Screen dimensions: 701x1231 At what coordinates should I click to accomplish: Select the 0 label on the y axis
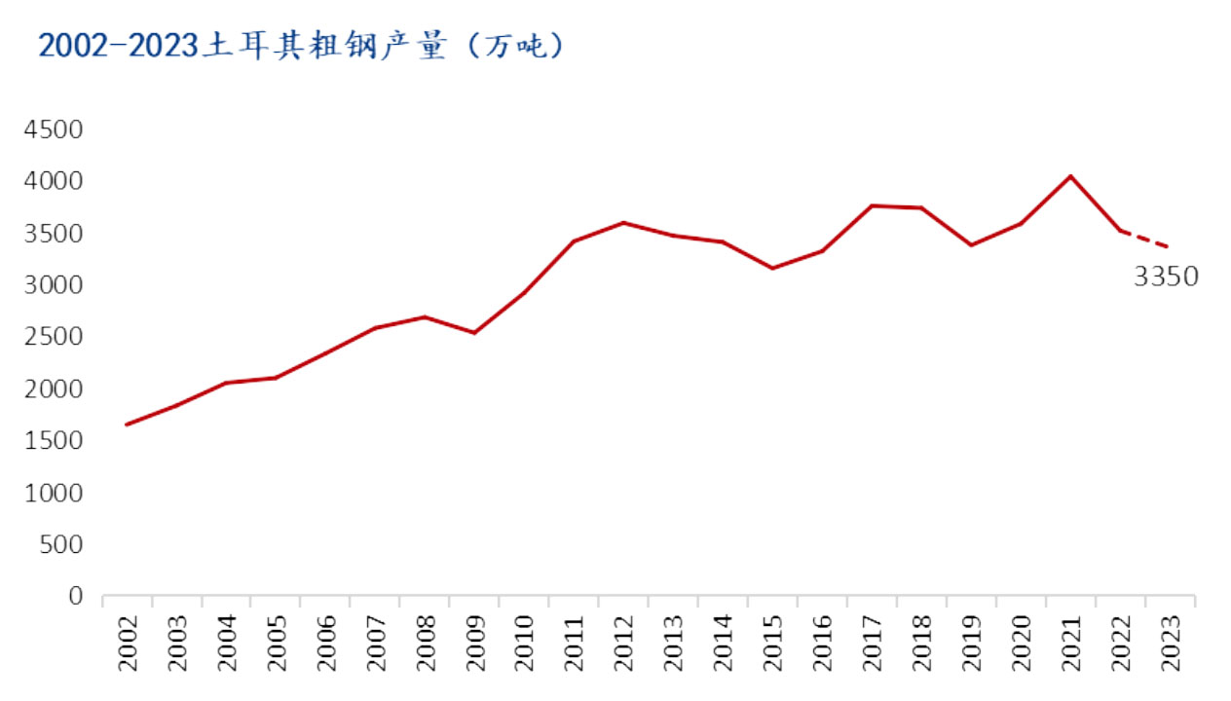pos(76,596)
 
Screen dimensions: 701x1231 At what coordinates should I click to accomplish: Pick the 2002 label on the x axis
pos(128,644)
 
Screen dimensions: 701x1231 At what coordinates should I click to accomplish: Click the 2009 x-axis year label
pos(475,644)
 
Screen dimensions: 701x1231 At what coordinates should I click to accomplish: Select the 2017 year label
pos(873,644)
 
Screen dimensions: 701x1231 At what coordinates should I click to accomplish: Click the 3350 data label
pos(1166,278)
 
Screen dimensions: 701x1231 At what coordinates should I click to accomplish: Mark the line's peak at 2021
pos(1071,176)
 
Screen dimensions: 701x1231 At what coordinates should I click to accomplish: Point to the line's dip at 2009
pos(475,333)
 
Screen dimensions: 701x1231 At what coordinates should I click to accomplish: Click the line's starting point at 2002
pos(128,424)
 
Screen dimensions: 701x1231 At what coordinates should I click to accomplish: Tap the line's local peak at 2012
pos(624,223)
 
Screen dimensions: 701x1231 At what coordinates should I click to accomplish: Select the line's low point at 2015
pos(773,268)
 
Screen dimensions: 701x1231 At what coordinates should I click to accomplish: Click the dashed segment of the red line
pos(1145,240)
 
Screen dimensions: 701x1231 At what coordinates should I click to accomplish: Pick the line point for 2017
pos(873,205)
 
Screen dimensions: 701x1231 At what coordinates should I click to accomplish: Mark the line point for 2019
pos(972,244)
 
